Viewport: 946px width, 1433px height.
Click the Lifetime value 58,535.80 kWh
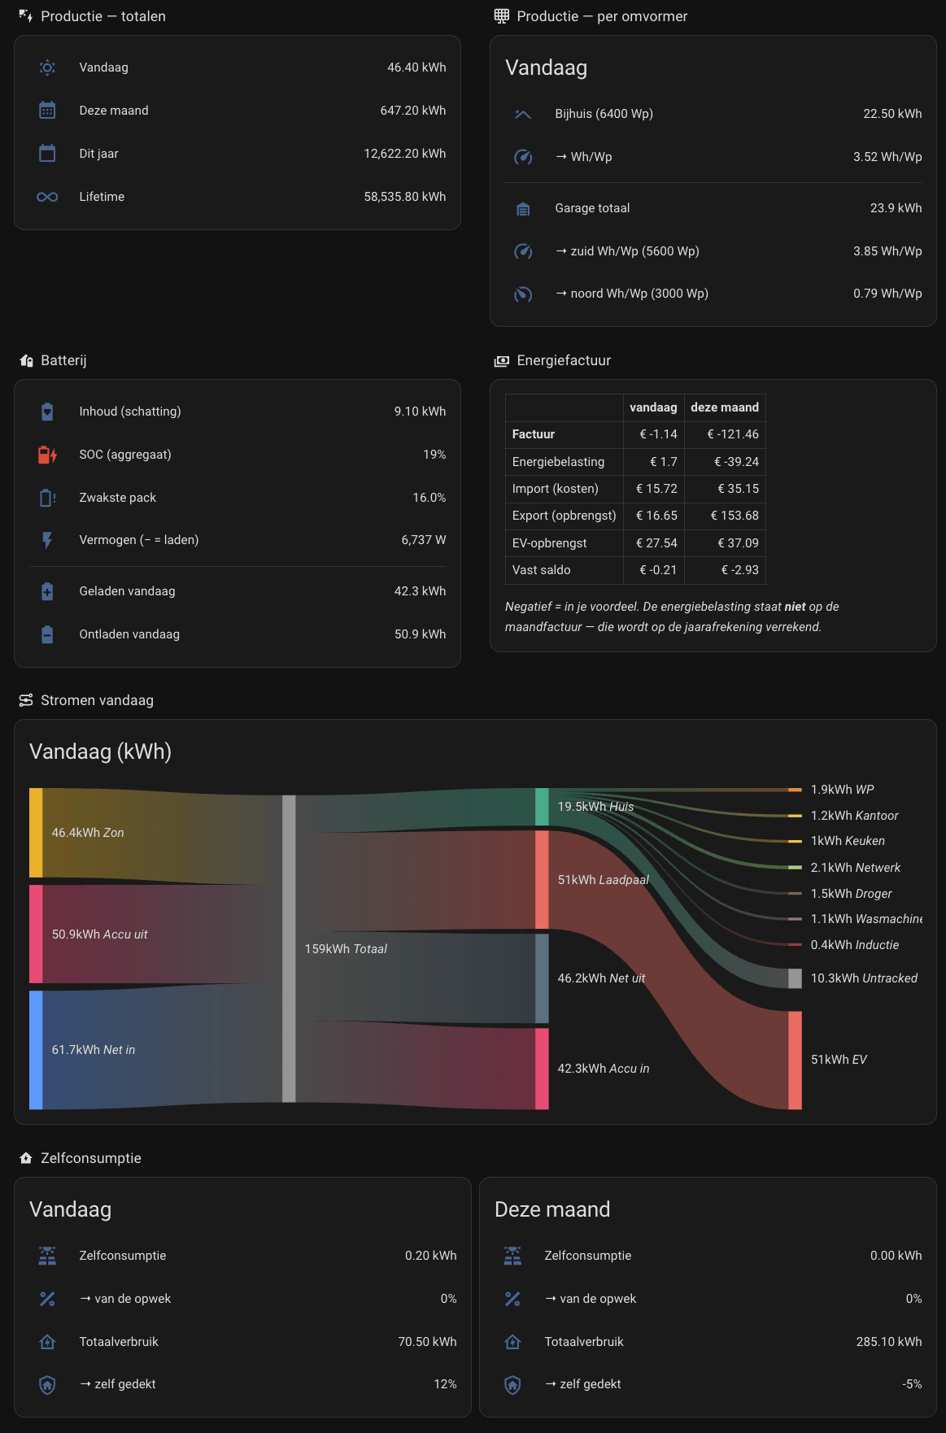click(x=405, y=197)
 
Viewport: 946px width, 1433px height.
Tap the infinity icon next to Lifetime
click(x=47, y=197)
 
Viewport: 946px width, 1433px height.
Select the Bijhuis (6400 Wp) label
click(x=604, y=114)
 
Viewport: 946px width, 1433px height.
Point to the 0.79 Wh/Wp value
click(x=887, y=294)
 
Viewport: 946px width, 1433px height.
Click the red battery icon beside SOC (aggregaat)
click(x=47, y=455)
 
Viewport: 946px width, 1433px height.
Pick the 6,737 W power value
click(x=424, y=540)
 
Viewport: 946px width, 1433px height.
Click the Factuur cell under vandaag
click(x=658, y=434)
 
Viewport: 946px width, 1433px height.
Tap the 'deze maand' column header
click(x=725, y=407)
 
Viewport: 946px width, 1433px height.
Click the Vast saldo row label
click(x=541, y=570)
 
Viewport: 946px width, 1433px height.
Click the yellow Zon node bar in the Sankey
click(x=36, y=833)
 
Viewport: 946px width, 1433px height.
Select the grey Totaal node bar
click(x=289, y=949)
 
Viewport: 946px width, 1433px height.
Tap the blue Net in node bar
click(x=36, y=1050)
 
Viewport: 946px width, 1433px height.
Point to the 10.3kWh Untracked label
click(x=864, y=978)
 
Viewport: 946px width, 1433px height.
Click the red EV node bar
click(x=795, y=1060)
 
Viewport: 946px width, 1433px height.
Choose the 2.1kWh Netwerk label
click(x=856, y=868)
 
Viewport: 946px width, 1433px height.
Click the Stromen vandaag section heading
click(x=97, y=700)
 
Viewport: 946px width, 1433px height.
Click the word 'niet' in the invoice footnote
click(x=795, y=607)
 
